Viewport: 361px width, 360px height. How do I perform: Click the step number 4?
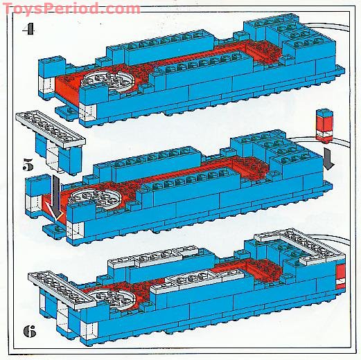[x=28, y=30]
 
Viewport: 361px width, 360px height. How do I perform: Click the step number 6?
[x=30, y=332]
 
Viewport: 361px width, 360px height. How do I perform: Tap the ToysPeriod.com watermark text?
[x=71, y=9]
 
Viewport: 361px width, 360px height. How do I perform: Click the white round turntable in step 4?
[x=108, y=81]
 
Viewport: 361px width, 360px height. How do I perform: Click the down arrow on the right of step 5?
[x=328, y=159]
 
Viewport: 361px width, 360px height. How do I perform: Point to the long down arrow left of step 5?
[x=56, y=197]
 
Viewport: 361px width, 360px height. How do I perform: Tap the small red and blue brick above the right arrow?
[x=325, y=125]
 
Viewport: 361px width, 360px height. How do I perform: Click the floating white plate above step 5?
[x=51, y=129]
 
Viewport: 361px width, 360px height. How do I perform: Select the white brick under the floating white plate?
[x=53, y=157]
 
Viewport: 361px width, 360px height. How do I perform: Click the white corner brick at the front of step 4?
[x=88, y=113]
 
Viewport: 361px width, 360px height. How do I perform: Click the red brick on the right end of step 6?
[x=341, y=277]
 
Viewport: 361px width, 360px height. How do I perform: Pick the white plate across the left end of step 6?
[x=62, y=290]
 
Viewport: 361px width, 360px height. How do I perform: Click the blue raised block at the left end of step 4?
[x=51, y=66]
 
